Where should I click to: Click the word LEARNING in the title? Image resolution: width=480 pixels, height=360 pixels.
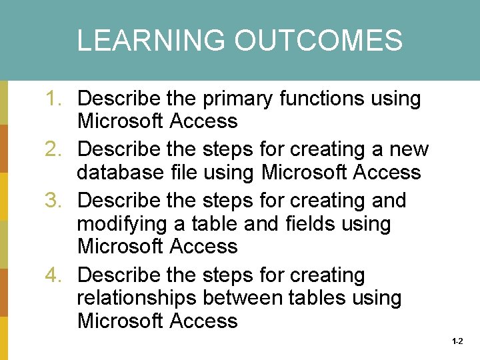(x=152, y=41)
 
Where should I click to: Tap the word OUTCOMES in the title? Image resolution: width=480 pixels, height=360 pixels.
(x=318, y=41)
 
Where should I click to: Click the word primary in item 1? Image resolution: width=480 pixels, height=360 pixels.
(x=237, y=99)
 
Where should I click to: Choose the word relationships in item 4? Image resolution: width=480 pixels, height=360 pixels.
(x=139, y=298)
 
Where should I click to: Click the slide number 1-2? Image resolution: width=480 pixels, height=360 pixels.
(x=457, y=341)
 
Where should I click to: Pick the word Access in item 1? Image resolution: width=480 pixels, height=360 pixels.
(x=204, y=121)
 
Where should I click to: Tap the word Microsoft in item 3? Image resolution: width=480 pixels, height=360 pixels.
(x=121, y=246)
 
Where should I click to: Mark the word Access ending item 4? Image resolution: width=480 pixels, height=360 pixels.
(x=204, y=321)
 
